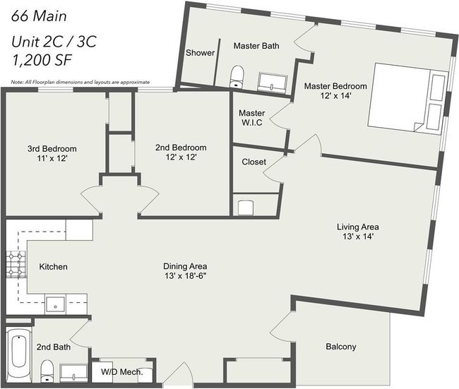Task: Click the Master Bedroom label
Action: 335,86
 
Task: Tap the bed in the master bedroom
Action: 407,98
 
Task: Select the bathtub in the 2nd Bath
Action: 19,355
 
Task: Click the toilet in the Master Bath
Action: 237,77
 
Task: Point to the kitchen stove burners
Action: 15,264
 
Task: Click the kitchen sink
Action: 55,305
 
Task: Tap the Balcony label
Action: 341,347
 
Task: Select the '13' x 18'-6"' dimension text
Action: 185,276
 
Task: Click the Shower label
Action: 201,53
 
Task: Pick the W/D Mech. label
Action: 121,372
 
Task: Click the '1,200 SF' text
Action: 42,60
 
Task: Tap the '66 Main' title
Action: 39,16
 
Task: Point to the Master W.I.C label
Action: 252,118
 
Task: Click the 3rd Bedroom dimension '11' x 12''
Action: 52,158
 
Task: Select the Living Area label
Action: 358,227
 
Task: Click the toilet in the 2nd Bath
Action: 47,371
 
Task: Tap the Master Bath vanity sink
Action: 273,83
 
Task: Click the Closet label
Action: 254,162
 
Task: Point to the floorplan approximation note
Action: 81,83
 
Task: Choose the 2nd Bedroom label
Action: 181,148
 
